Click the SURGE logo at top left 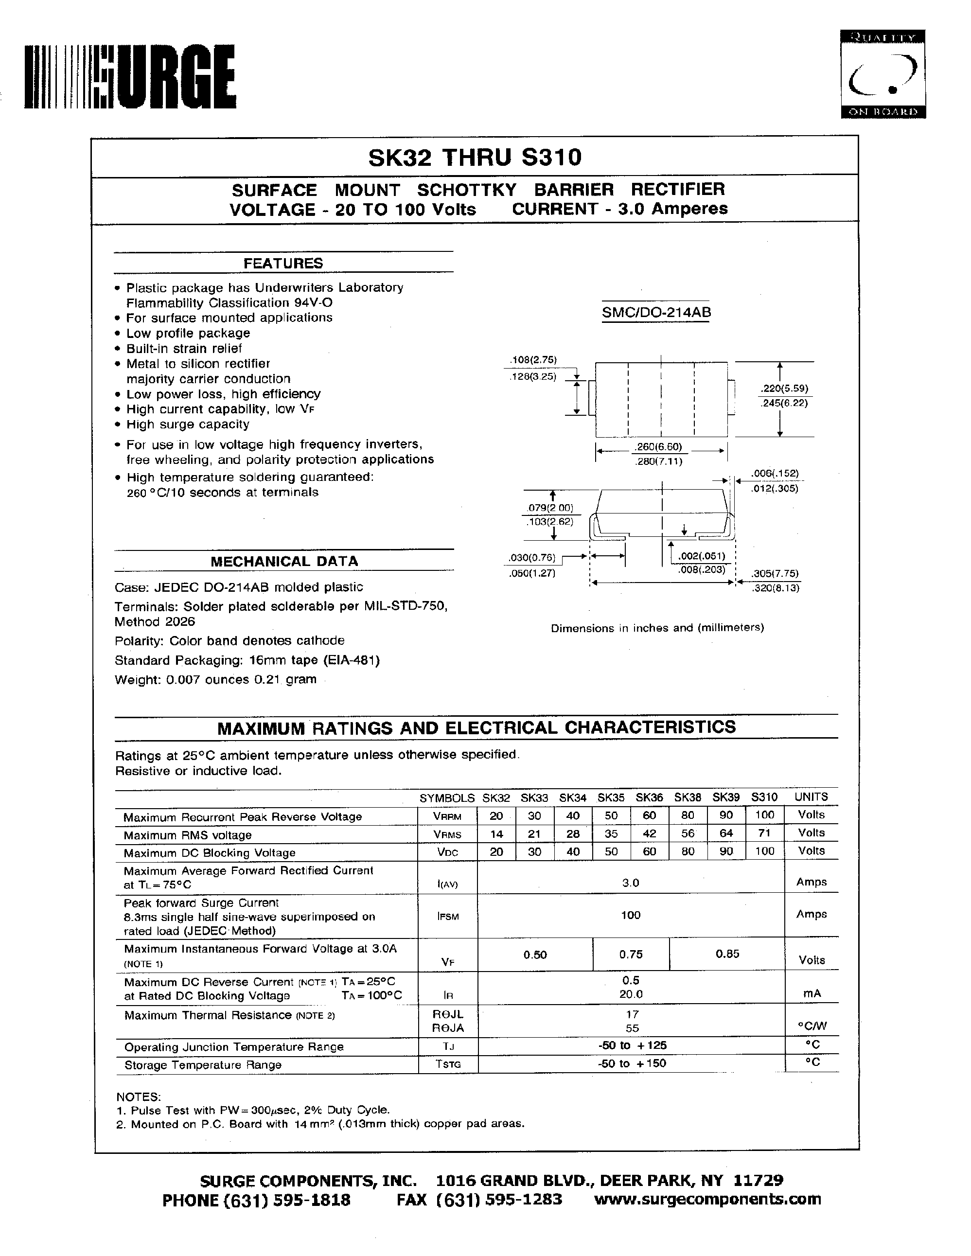(x=130, y=77)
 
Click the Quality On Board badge (x=883, y=74)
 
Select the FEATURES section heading (x=283, y=264)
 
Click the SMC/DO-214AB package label (x=656, y=312)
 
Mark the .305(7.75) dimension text (x=776, y=573)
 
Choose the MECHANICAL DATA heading (x=284, y=561)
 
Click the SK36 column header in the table (x=649, y=797)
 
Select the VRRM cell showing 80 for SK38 (x=688, y=815)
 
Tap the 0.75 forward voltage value (x=631, y=954)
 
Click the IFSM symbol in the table (x=448, y=916)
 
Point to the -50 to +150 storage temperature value (x=631, y=1063)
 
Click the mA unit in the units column (x=811, y=993)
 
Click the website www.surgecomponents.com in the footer (x=707, y=1199)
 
